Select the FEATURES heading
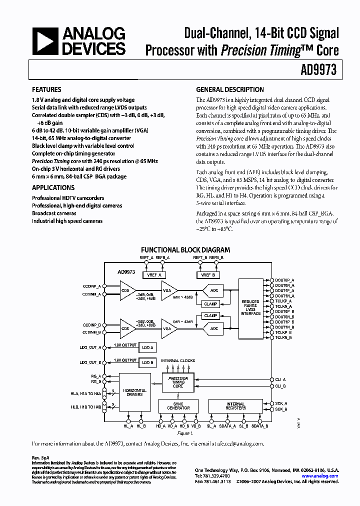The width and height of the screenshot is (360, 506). tap(46, 90)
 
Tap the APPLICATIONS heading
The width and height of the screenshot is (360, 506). tap(53, 188)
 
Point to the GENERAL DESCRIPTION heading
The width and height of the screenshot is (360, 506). tap(230, 90)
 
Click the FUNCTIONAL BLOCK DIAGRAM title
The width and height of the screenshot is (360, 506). tap(185, 249)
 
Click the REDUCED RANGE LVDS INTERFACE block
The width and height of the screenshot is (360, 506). tap(250, 307)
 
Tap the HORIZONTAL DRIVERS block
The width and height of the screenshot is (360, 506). tap(134, 392)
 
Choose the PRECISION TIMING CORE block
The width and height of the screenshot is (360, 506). tap(178, 382)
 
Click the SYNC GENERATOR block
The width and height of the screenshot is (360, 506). tap(178, 405)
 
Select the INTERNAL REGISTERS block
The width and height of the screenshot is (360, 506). tap(235, 405)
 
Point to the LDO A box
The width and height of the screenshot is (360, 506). tap(148, 347)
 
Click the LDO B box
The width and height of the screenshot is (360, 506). tap(148, 362)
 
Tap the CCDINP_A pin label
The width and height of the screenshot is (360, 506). tap(92, 286)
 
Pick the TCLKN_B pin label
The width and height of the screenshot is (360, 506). tap(283, 338)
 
